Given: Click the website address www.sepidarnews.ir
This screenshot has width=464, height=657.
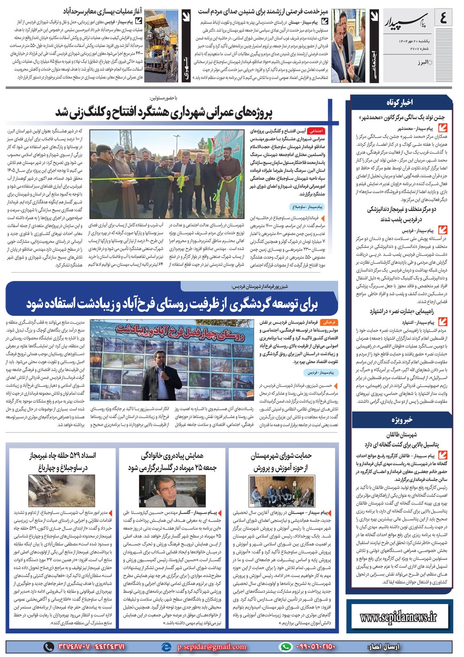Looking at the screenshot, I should pyautogui.click(x=399, y=617).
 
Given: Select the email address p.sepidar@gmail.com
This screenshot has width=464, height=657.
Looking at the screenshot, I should pyautogui.click(x=212, y=646).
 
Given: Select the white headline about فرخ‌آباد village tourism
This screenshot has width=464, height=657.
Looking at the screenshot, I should pyautogui.click(x=172, y=304).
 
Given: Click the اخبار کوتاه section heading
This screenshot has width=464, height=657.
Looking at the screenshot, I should pyautogui.click(x=400, y=102).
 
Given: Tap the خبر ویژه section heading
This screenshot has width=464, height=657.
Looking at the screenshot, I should pyautogui.click(x=401, y=420).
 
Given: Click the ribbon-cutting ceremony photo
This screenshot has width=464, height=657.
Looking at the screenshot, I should pyautogui.click(x=166, y=168).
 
